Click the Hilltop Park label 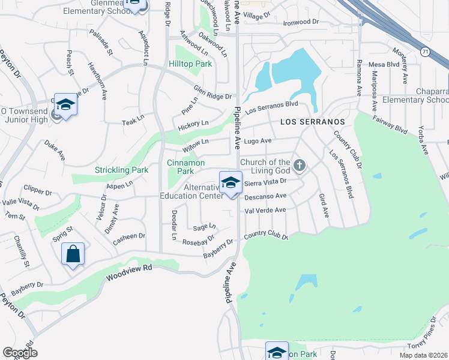[x=190, y=63]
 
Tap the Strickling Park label [x=121, y=170]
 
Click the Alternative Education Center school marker [x=231, y=183]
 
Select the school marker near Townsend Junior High [x=65, y=105]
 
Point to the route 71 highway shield [x=425, y=52]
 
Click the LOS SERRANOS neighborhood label [x=313, y=122]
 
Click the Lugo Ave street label [x=258, y=141]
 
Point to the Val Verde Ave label [x=265, y=210]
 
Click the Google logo [x=20, y=353]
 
